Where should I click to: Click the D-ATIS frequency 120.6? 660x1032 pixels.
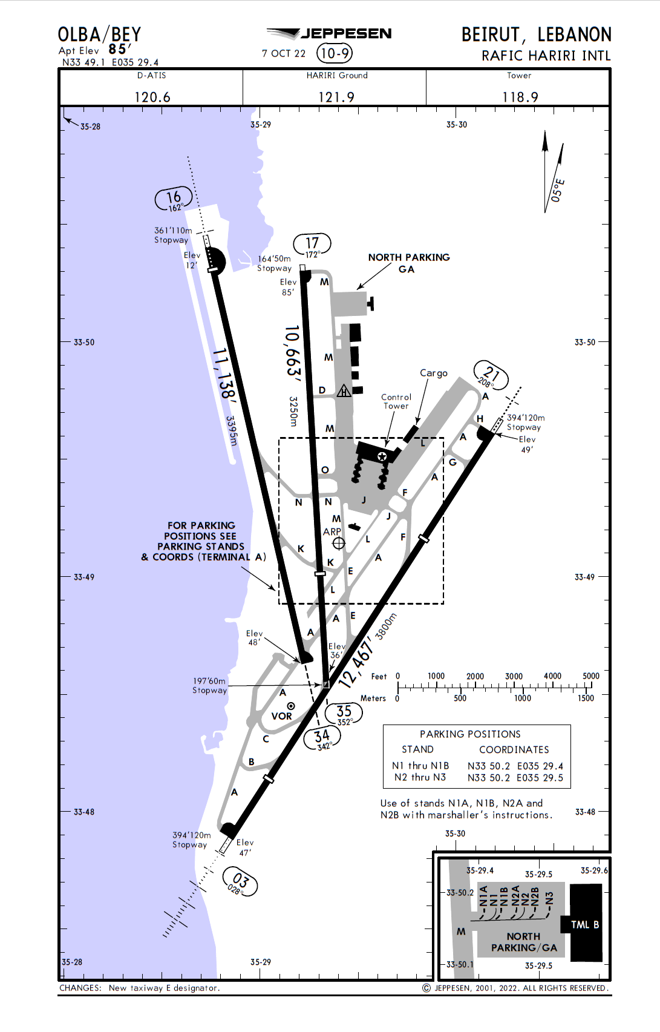tap(152, 97)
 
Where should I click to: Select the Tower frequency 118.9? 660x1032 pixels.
tap(520, 97)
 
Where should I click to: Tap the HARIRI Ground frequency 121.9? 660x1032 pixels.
tap(336, 97)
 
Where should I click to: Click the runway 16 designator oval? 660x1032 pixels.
tap(174, 199)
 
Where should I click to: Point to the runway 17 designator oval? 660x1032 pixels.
tap(312, 245)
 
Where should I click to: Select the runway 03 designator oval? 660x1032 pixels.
tap(240, 882)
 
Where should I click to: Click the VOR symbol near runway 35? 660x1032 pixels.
tap(291, 706)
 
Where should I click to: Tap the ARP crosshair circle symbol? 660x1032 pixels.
tap(339, 543)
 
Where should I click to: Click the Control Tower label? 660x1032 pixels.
tap(396, 401)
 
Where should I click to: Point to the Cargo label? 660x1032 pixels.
tap(434, 373)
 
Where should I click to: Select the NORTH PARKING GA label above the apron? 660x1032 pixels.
tap(409, 263)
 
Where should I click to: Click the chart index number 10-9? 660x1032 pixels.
tap(335, 53)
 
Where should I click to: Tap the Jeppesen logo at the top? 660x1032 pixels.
tap(329, 34)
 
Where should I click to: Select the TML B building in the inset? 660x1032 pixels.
tap(586, 924)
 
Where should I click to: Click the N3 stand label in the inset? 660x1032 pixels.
tap(549, 898)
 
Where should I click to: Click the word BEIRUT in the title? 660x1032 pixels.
tap(491, 35)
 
